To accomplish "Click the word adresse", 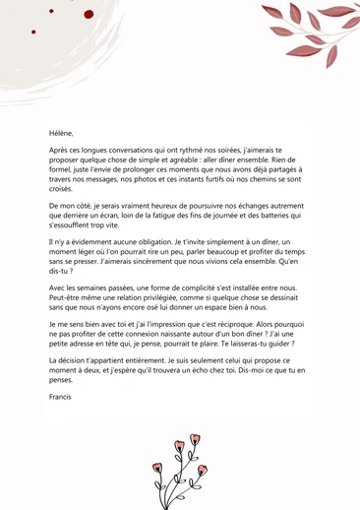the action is click(84, 351).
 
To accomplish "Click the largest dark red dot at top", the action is click(88, 15).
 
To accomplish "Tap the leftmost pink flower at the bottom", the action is click(157, 469).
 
